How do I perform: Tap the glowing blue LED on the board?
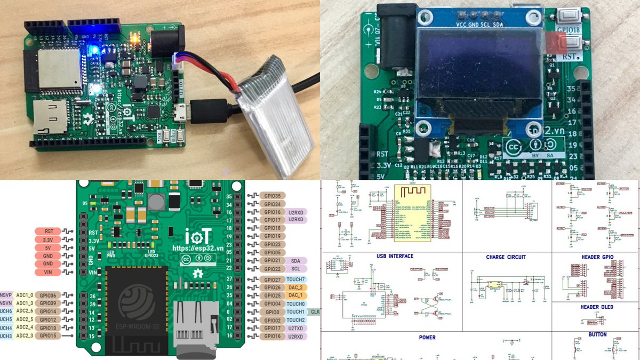pos(94,51)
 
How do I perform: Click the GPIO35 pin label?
pos(272,196)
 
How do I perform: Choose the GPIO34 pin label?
pos(272,204)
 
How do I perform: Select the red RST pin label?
pos(49,231)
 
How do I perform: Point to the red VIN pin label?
pos(49,273)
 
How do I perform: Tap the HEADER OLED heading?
pos(597,307)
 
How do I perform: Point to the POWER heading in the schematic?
pos(427,337)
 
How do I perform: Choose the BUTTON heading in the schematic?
pos(597,334)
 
